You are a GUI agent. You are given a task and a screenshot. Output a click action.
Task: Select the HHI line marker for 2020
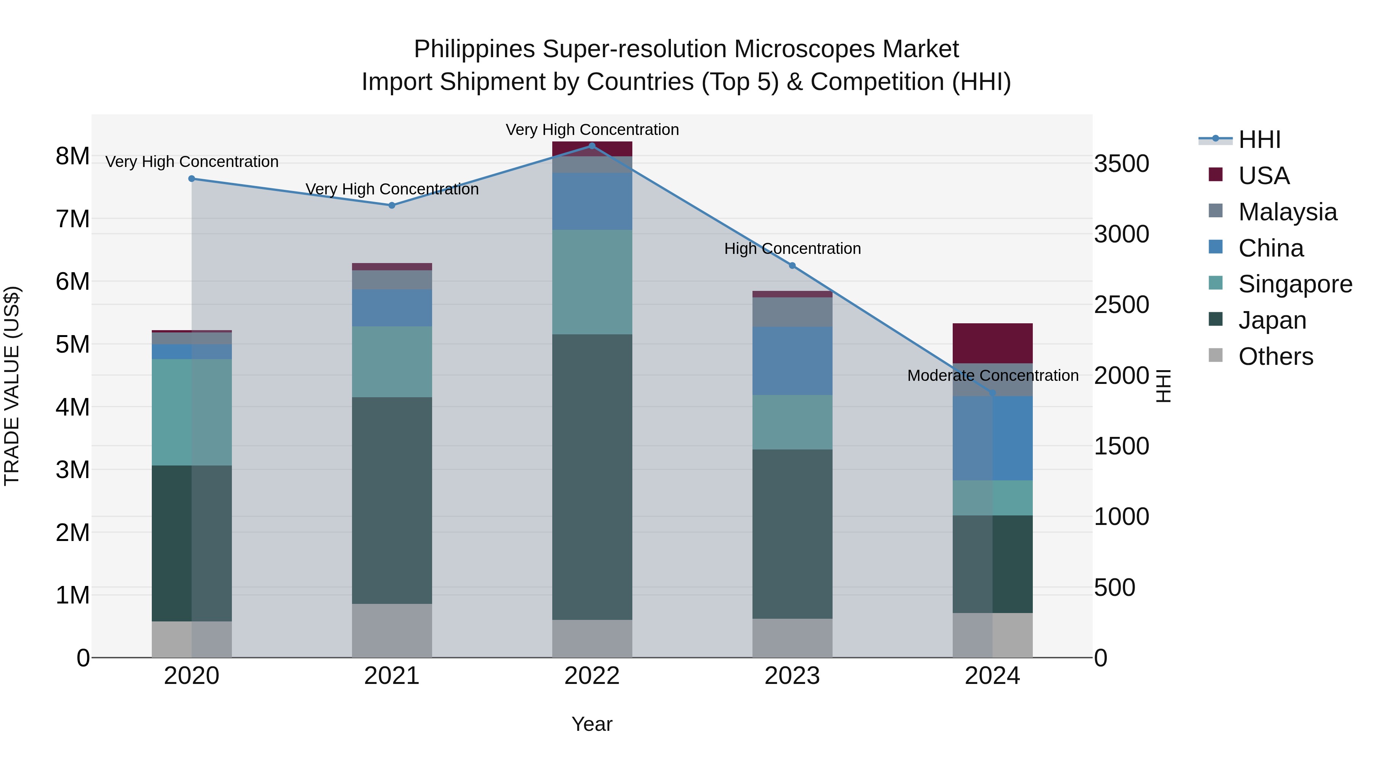192,178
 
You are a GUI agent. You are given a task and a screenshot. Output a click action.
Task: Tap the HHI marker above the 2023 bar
792,265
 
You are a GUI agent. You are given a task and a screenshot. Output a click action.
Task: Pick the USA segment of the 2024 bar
992,343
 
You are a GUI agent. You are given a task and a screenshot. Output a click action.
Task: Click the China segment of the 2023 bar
792,361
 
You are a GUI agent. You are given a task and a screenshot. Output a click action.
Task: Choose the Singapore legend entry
1295,284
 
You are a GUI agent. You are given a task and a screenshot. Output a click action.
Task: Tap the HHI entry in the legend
1259,140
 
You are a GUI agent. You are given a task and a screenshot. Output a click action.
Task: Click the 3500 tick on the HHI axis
1121,164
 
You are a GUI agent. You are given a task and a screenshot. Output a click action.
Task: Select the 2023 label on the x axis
792,676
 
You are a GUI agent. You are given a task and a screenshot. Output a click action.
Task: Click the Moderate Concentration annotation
992,376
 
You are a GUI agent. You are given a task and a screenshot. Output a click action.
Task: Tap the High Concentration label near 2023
792,249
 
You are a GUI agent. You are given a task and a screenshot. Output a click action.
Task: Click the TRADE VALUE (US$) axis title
12,386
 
